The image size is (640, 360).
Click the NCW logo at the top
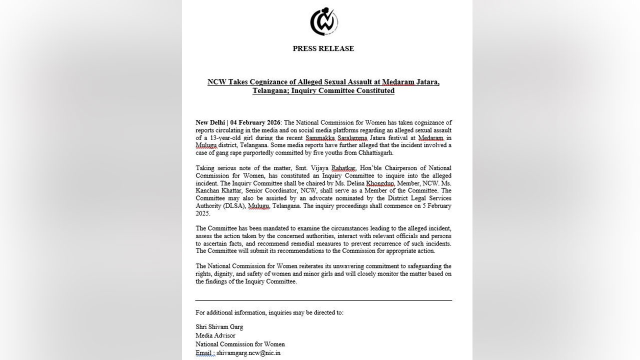tap(323, 21)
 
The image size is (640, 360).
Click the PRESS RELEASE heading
tap(323, 48)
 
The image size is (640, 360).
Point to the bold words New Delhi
tap(210, 122)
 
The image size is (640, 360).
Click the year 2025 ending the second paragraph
tap(203, 213)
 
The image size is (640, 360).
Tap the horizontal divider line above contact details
tap(323, 300)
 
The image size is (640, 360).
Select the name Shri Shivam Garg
tap(219, 327)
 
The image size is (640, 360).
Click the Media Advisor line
tap(215, 335)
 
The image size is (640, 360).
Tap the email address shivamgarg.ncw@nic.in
tap(248, 353)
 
